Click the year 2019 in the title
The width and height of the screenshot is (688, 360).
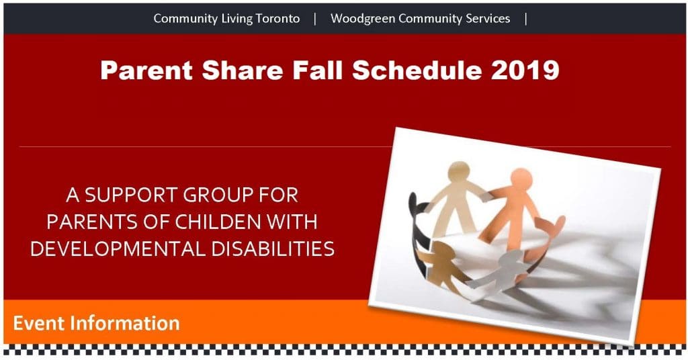tap(525, 70)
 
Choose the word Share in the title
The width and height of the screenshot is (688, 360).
tap(243, 70)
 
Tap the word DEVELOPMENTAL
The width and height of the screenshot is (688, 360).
tap(118, 249)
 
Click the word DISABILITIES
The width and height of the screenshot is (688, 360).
tap(273, 249)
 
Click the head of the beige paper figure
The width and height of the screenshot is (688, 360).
tap(458, 171)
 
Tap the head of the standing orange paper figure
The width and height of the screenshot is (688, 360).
tap(521, 179)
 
